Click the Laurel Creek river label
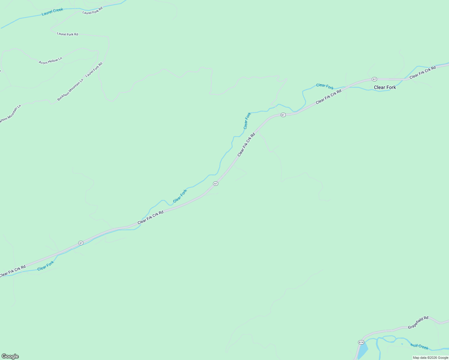[x=53, y=12]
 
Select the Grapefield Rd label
[x=418, y=322]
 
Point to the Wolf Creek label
[x=419, y=346]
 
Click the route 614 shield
[x=361, y=342]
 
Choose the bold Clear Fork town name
[x=385, y=87]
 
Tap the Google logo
[x=10, y=356]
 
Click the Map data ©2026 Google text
[x=430, y=358]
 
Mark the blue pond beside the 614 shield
[x=363, y=351]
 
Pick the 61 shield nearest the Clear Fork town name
[x=374, y=79]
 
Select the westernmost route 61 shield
[x=81, y=243]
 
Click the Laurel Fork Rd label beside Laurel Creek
[x=92, y=10]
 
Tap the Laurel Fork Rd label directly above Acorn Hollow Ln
[x=68, y=34]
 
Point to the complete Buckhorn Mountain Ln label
[x=70, y=90]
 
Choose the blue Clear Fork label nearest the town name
[x=325, y=86]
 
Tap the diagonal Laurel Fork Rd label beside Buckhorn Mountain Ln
[x=94, y=70]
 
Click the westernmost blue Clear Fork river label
[x=46, y=266]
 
